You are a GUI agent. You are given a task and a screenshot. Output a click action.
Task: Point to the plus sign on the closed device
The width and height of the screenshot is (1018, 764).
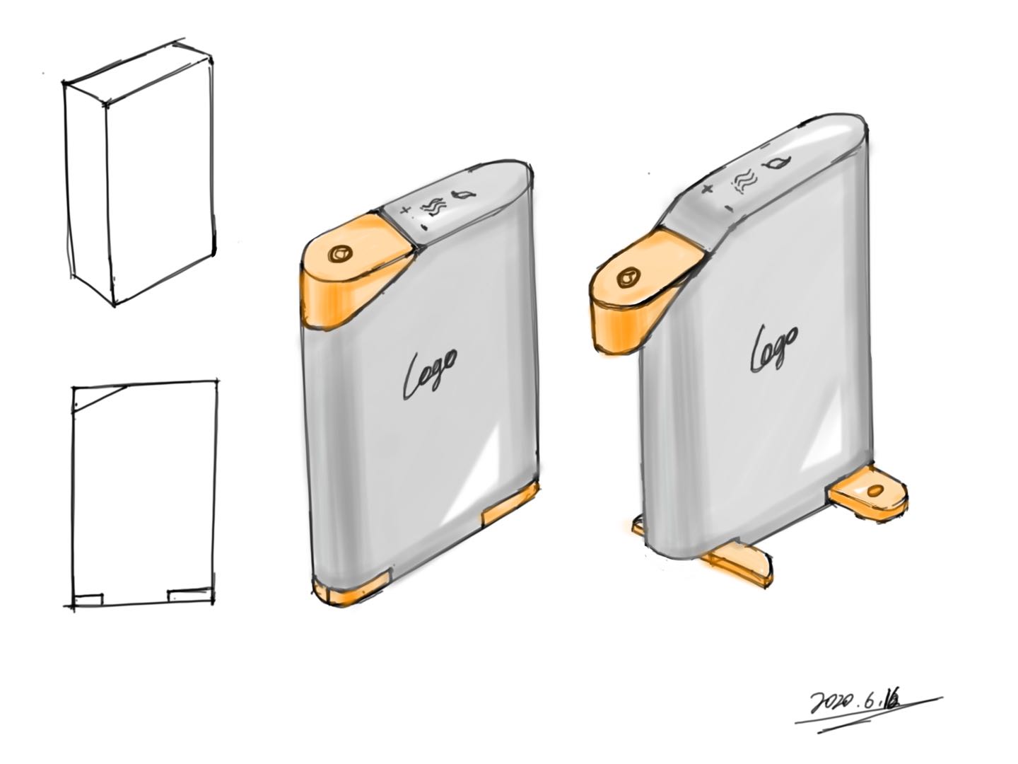tap(405, 210)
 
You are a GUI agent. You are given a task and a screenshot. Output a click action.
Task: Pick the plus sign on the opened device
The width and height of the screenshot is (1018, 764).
tap(706, 188)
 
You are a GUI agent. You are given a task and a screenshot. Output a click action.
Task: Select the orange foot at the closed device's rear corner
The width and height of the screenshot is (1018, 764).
tap(510, 504)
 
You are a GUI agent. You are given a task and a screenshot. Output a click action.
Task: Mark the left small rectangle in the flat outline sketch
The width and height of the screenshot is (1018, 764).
tap(88, 599)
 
